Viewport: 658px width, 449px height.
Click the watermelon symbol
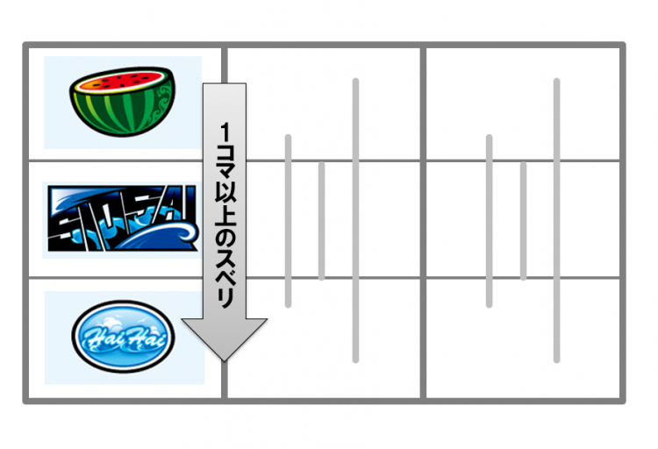(x=122, y=102)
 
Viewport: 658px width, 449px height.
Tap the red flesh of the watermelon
(x=121, y=81)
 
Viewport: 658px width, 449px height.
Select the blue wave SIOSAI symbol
(x=122, y=218)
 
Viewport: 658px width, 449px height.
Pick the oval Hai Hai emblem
(x=123, y=337)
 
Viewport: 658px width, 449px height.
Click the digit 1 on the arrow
(x=225, y=132)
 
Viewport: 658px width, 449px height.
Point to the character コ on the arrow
(x=225, y=153)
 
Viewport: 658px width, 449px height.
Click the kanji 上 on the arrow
(x=225, y=216)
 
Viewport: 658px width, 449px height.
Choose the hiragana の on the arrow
(x=225, y=237)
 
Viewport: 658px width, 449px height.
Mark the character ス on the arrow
(x=225, y=257)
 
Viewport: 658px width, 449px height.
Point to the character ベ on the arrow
(x=225, y=278)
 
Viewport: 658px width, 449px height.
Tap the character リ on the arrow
(x=225, y=298)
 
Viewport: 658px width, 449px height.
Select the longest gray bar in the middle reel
(x=355, y=220)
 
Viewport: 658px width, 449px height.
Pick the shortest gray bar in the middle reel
(x=321, y=221)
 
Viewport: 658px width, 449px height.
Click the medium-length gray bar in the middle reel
(x=288, y=221)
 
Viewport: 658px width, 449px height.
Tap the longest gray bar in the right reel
(x=556, y=220)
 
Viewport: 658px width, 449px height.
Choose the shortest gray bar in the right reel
(x=523, y=221)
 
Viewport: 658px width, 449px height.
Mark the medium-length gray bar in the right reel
(x=489, y=221)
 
